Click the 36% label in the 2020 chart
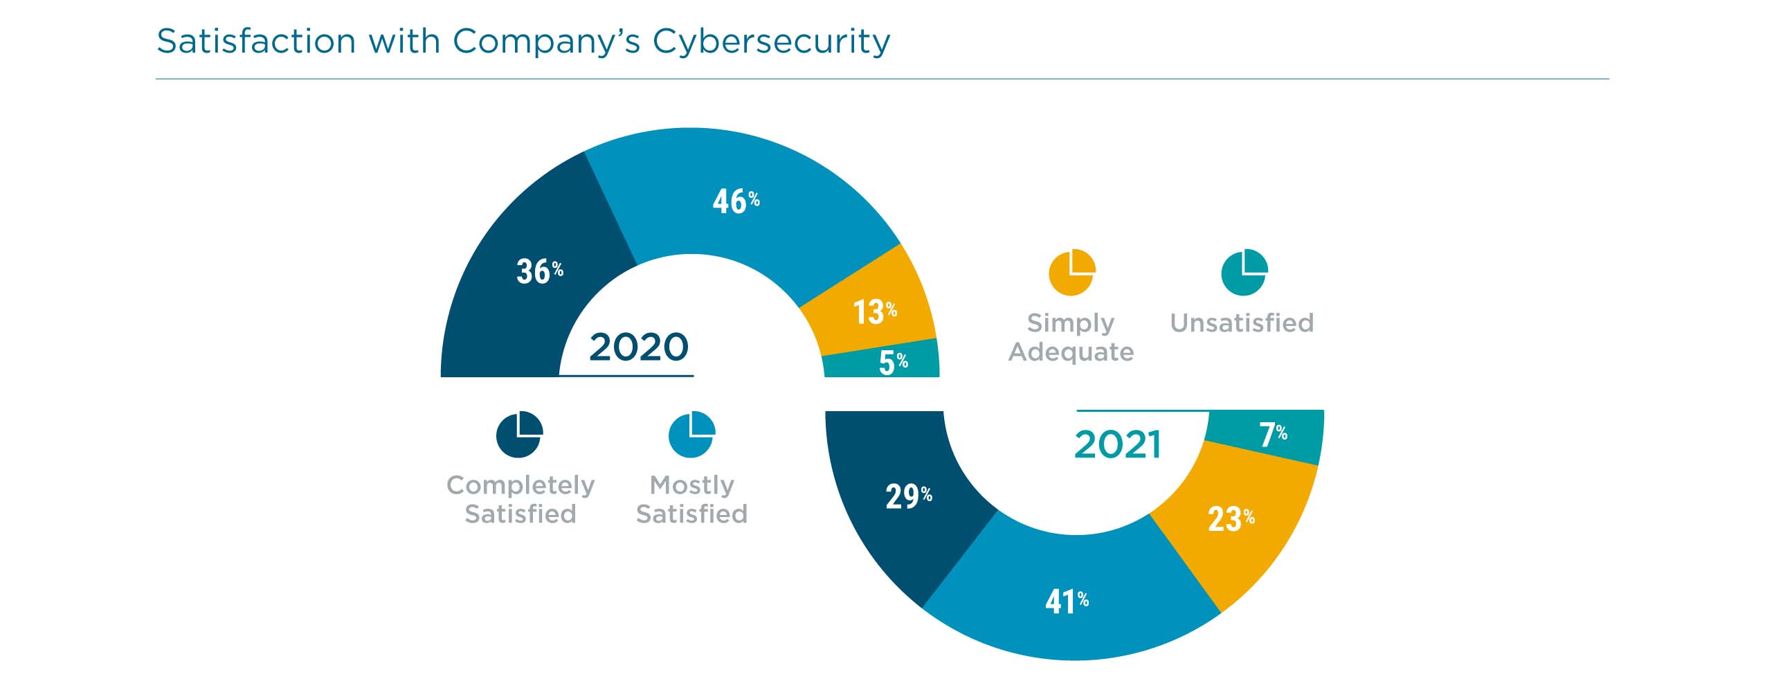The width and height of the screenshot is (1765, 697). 539,271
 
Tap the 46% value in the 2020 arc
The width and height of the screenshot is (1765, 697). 735,201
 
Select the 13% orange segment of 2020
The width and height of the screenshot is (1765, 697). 874,312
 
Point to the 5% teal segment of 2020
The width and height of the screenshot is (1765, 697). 892,362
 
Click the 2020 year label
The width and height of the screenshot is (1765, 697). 638,347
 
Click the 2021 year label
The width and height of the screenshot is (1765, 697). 1117,444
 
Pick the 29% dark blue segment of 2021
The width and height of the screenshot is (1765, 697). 908,496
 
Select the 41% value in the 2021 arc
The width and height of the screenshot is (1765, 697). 1066,601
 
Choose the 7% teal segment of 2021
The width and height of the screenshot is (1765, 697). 1272,435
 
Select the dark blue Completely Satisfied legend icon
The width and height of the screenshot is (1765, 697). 519,435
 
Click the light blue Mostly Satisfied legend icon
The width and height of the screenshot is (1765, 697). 691,435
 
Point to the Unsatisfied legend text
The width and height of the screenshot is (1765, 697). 1241,323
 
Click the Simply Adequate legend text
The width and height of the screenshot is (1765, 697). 1071,338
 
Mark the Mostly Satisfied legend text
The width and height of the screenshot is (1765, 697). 691,500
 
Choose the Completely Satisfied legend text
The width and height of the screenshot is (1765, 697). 520,500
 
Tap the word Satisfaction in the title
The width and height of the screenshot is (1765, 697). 256,42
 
